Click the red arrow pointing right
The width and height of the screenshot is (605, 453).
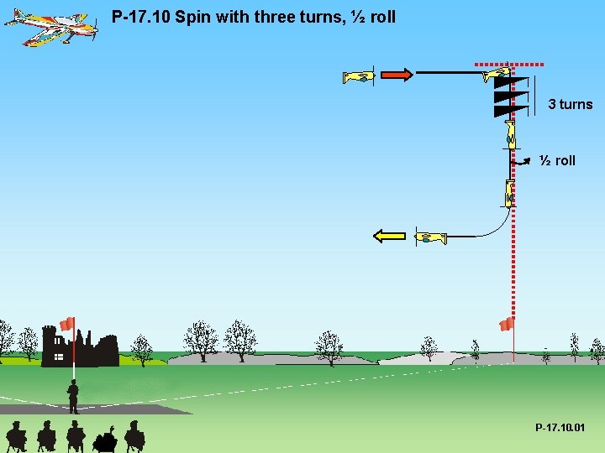397,75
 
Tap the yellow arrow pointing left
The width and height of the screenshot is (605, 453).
389,236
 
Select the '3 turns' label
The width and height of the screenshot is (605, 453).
570,104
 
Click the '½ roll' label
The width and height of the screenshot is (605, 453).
558,160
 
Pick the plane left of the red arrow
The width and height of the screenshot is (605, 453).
358,77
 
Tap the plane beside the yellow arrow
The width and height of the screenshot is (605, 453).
431,238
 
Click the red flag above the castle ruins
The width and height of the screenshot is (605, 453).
67,324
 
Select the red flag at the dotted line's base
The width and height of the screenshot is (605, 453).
506,324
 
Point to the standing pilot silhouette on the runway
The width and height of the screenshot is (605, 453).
73,396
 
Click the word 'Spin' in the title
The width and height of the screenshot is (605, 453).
191,16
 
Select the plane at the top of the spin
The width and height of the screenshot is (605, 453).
497,75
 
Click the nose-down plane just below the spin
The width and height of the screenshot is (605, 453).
509,133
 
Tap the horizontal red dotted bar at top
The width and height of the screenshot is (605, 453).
509,63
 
